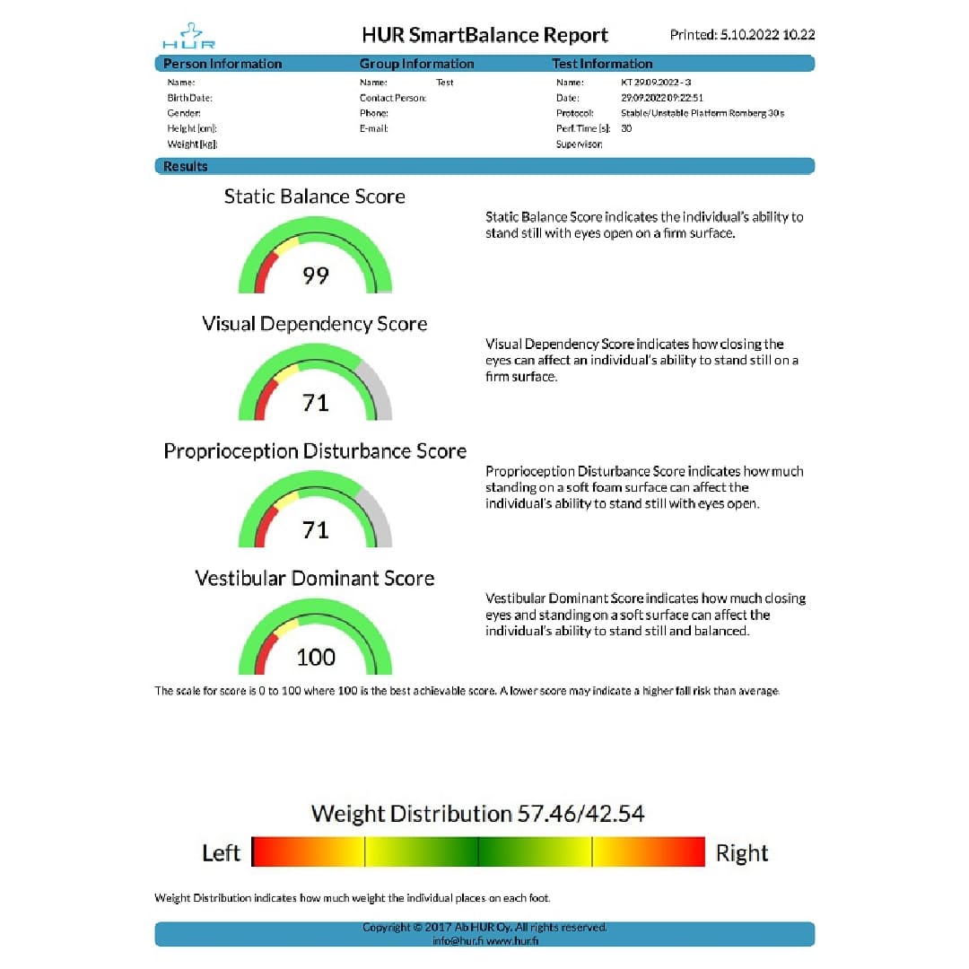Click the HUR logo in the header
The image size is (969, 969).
[188, 36]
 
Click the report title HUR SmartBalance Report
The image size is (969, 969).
[484, 35]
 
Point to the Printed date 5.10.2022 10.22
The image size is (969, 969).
[742, 35]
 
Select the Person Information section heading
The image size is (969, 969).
[223, 64]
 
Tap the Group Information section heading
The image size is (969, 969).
[416, 64]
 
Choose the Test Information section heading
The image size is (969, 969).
[602, 64]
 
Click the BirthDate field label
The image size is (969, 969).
[189, 98]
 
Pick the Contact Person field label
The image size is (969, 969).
[392, 98]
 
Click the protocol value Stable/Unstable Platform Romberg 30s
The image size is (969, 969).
[703, 113]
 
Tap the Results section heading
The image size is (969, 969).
[186, 166]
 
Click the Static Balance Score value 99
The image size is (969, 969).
[316, 275]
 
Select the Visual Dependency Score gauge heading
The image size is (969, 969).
[314, 324]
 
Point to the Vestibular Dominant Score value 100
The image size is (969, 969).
[316, 658]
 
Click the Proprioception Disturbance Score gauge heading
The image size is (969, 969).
[314, 451]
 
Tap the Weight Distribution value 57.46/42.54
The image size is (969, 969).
[581, 814]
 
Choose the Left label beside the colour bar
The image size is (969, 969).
[221, 852]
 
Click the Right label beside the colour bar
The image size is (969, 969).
[742, 852]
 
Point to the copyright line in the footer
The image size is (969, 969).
[484, 927]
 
